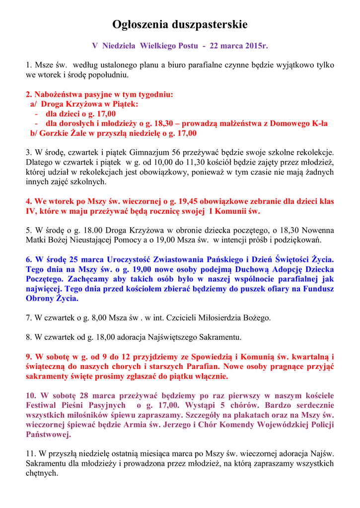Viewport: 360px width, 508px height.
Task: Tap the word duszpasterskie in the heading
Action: click(x=209, y=24)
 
